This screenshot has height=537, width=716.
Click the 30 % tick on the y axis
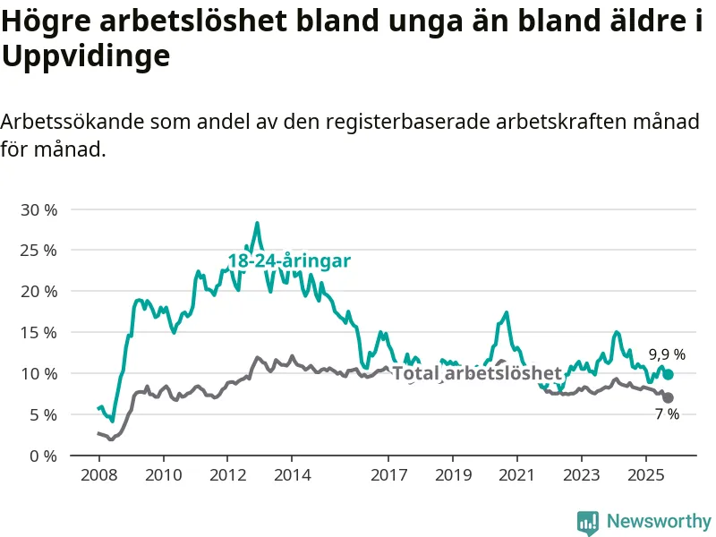coord(38,209)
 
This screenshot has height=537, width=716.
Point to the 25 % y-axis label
coord(38,251)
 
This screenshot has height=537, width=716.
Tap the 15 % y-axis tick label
coord(38,332)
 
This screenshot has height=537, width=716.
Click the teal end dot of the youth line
coord(668,374)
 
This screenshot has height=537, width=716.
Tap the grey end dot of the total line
coord(668,397)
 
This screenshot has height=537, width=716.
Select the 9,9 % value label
coord(667,354)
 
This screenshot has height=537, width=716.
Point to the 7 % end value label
coord(666,414)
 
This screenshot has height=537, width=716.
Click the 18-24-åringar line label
coord(288,260)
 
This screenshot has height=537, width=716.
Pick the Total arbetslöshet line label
coord(476,373)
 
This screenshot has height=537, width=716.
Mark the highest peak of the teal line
coord(257,223)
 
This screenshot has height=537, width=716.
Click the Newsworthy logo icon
coord(588,521)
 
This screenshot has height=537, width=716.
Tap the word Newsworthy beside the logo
coord(659,521)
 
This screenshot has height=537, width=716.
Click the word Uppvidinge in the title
coord(86,56)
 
